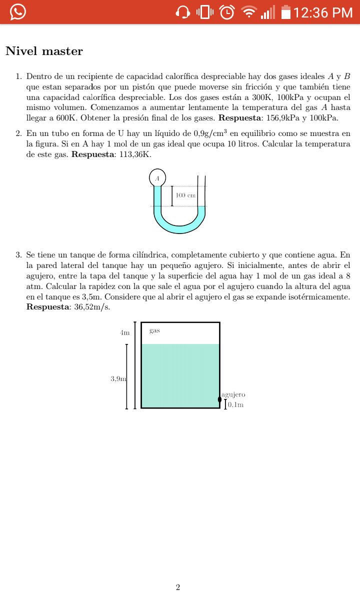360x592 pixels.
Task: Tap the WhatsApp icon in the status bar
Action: pyautogui.click(x=17, y=11)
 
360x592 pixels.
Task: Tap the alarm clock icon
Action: pyautogui.click(x=227, y=12)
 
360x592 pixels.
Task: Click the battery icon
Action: pyautogui.click(x=286, y=12)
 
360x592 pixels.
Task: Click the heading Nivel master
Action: pyautogui.click(x=44, y=51)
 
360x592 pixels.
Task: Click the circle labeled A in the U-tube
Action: pyautogui.click(x=157, y=178)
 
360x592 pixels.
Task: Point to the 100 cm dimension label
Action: pyautogui.click(x=185, y=195)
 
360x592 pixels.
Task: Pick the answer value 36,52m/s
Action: pyautogui.click(x=91, y=306)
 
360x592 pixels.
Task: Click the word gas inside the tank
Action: pyautogui.click(x=154, y=331)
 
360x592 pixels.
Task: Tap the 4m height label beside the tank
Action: pyautogui.click(x=125, y=332)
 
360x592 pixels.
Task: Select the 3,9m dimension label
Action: pyautogui.click(x=118, y=378)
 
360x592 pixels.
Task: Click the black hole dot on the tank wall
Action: pyautogui.click(x=220, y=399)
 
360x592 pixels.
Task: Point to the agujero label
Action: pyautogui.click(x=233, y=394)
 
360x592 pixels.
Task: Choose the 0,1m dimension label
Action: pyautogui.click(x=236, y=404)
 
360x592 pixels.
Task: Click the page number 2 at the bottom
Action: pyautogui.click(x=178, y=587)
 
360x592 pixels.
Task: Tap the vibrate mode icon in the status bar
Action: pyautogui.click(x=205, y=12)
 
